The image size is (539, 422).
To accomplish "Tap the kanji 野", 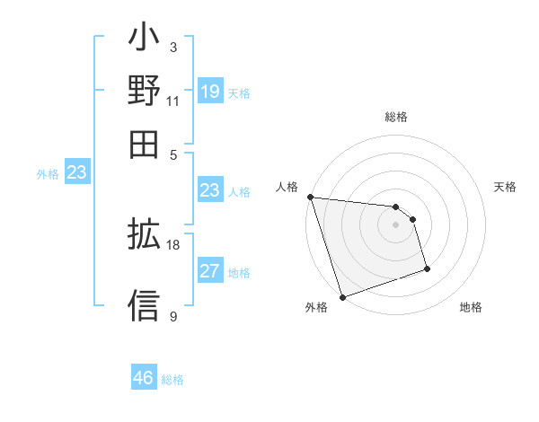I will (x=144, y=92).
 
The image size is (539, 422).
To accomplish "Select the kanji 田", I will (x=144, y=144).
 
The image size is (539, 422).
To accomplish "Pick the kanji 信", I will (x=144, y=304).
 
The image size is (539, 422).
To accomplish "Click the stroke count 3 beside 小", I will (x=173, y=47).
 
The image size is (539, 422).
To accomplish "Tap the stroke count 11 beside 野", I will (x=173, y=101).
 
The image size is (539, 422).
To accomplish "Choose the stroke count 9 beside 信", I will (x=173, y=316).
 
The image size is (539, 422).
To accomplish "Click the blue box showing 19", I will (x=209, y=91).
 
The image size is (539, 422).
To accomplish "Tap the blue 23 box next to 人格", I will (x=209, y=190).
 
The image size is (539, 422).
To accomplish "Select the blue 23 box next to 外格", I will (x=76, y=172).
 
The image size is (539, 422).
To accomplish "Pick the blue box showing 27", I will (x=209, y=271).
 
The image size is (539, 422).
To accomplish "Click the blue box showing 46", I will (x=143, y=378).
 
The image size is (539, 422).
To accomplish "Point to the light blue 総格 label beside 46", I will (x=172, y=380).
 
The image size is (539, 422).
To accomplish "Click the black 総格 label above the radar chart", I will (x=396, y=117).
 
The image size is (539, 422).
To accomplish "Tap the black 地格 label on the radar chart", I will (x=471, y=308).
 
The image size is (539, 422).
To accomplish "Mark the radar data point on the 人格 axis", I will (x=310, y=197).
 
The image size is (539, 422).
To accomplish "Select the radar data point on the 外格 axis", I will (x=342, y=297).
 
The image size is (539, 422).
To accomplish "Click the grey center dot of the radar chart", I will (x=396, y=224).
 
